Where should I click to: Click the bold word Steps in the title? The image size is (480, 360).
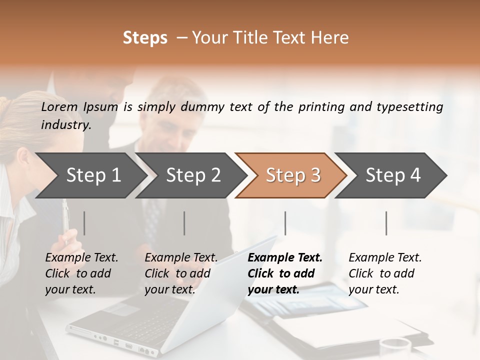(x=145, y=38)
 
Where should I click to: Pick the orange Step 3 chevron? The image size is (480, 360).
(x=292, y=175)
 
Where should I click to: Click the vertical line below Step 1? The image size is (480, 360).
(x=84, y=223)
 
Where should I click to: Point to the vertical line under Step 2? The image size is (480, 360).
(x=184, y=223)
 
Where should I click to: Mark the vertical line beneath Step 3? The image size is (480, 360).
(x=285, y=223)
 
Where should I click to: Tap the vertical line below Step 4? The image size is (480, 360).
(x=386, y=223)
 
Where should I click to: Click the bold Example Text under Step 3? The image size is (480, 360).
(x=285, y=273)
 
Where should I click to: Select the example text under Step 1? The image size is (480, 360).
(x=81, y=273)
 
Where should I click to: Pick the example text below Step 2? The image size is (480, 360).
(x=181, y=273)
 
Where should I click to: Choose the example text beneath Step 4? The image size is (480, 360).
(x=385, y=273)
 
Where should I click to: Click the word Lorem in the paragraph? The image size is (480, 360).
(x=59, y=107)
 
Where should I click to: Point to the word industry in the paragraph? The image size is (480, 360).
(x=65, y=125)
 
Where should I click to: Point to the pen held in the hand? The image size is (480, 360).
(x=65, y=220)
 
